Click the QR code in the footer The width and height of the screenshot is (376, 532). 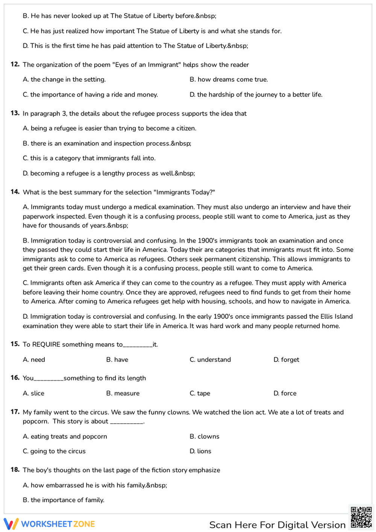(x=361, y=518)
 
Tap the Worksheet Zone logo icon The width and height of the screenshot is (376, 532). (x=11, y=524)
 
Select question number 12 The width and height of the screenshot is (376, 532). (x=15, y=64)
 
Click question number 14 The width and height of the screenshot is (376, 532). (x=15, y=192)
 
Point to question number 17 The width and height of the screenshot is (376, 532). (x=15, y=412)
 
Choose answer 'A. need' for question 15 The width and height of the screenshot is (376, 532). (x=34, y=360)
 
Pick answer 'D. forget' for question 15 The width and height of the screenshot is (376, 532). (x=286, y=360)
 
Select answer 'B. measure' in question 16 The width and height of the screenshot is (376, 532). (x=123, y=393)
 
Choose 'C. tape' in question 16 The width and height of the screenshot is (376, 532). (x=200, y=393)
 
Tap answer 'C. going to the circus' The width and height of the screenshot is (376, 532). (x=54, y=451)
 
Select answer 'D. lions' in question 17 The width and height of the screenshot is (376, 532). (x=200, y=451)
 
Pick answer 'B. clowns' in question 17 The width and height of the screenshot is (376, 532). (x=204, y=436)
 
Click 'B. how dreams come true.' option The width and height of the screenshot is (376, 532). (x=229, y=79)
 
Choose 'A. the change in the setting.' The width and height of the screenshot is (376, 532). (x=64, y=79)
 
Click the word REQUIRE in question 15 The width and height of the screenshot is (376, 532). (x=46, y=344)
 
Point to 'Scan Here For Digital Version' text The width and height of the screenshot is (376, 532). (x=277, y=525)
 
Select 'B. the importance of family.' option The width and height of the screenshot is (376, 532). (x=64, y=500)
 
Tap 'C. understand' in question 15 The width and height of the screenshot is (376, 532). (x=210, y=360)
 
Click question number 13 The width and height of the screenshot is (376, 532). (x=15, y=113)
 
